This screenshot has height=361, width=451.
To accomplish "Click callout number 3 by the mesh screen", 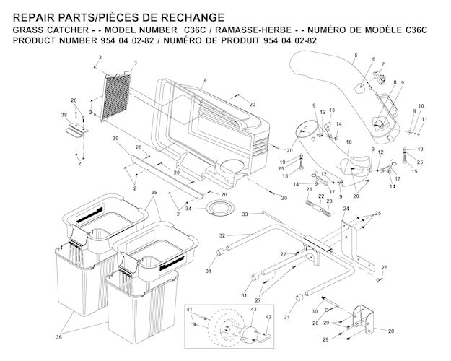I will (x=135, y=64).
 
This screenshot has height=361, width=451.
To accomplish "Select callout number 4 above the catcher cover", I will (x=205, y=79).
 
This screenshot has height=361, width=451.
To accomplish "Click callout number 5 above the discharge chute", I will (x=356, y=56).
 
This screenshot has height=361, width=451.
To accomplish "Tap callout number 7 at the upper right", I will (x=383, y=65).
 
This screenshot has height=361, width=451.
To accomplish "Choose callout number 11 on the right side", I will (x=424, y=118).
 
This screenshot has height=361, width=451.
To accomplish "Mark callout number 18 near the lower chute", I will (x=349, y=142).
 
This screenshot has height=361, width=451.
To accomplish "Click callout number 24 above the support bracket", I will (x=346, y=209).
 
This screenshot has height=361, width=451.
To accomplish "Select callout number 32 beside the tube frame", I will (x=223, y=236).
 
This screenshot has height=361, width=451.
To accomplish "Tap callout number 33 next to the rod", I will (x=245, y=214).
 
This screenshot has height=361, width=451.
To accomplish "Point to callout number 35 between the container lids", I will (x=153, y=193).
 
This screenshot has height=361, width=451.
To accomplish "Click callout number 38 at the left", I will (x=64, y=115).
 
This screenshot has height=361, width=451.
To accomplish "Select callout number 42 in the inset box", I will (x=269, y=316).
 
